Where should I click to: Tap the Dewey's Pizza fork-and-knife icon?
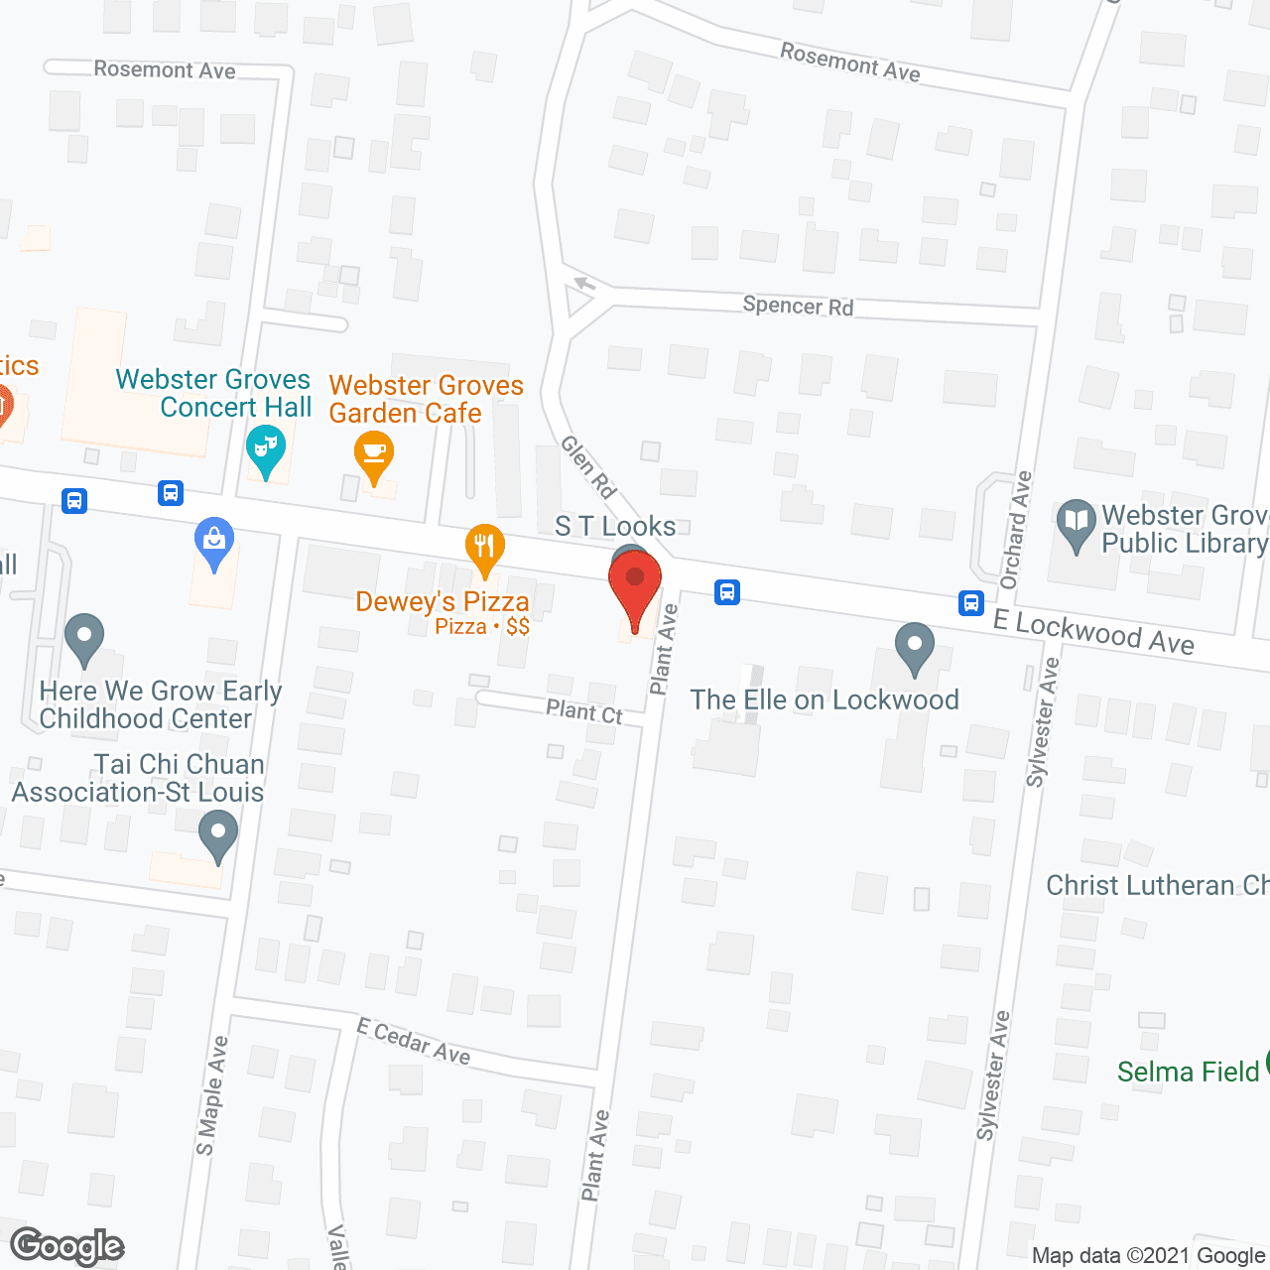coord(484,548)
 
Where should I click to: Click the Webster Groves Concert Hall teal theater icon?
coord(265,448)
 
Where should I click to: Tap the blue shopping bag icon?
coord(214,542)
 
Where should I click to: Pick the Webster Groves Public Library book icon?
coord(1077,523)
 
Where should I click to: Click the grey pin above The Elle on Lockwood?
coord(915,647)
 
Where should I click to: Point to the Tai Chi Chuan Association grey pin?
coord(218,834)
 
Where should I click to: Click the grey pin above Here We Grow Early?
coord(84,637)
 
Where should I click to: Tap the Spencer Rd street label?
coord(798,306)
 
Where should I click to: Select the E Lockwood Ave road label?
coord(1093,632)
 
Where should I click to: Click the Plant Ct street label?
coord(584,711)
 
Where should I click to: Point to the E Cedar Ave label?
coord(414,1041)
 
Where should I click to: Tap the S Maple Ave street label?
coord(211,1096)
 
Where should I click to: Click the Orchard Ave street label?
coord(1016,530)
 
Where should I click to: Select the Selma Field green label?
coord(1188,1072)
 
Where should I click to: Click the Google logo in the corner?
coord(67,1246)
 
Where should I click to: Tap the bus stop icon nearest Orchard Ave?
coord(970,602)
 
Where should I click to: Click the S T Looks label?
coord(615,526)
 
